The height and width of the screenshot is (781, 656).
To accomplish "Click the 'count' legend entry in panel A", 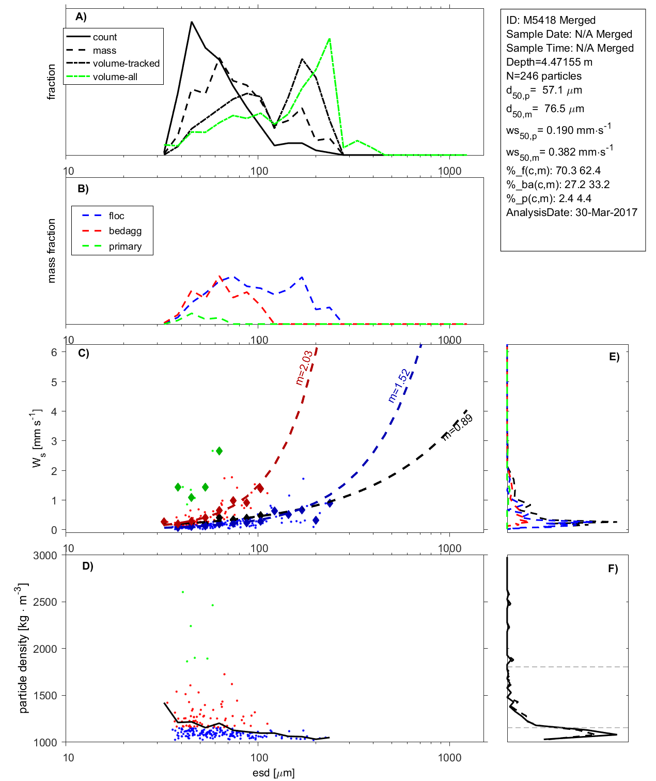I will pyautogui.click(x=105, y=37).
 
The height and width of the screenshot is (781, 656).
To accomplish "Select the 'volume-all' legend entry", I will pyautogui.click(x=115, y=77).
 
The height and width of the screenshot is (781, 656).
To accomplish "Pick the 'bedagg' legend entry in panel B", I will pyautogui.click(x=125, y=231).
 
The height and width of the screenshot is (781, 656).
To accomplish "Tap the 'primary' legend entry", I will pyautogui.click(x=125, y=247).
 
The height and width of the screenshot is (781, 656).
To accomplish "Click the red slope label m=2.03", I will pyautogui.click(x=304, y=368).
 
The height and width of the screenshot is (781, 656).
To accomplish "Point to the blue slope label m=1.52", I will pyautogui.click(x=399, y=386).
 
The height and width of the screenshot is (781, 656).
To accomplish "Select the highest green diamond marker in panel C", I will pyautogui.click(x=219, y=451).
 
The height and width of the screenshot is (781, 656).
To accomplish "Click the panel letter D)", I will pyautogui.click(x=88, y=566).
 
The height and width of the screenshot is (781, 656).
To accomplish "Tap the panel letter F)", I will pyautogui.click(x=613, y=569).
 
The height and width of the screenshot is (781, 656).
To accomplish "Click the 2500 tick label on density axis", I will pyautogui.click(x=45, y=602).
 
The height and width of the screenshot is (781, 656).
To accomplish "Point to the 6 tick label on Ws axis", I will pyautogui.click(x=54, y=352).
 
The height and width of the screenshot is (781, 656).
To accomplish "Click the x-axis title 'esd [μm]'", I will pyautogui.click(x=274, y=773).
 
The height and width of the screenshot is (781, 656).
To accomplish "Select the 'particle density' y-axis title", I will pyautogui.click(x=23, y=649).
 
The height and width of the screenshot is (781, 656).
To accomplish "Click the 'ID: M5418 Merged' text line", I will pyautogui.click(x=551, y=20).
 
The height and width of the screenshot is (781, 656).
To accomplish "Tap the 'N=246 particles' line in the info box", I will pyautogui.click(x=543, y=76).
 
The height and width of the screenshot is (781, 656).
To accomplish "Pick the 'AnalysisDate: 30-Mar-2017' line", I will pyautogui.click(x=571, y=212).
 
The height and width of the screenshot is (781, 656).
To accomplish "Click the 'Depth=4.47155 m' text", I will pyautogui.click(x=549, y=62).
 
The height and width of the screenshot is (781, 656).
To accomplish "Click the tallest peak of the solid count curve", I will pyautogui.click(x=192, y=22).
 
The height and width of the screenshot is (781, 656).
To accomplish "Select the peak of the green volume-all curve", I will pyautogui.click(x=330, y=39).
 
